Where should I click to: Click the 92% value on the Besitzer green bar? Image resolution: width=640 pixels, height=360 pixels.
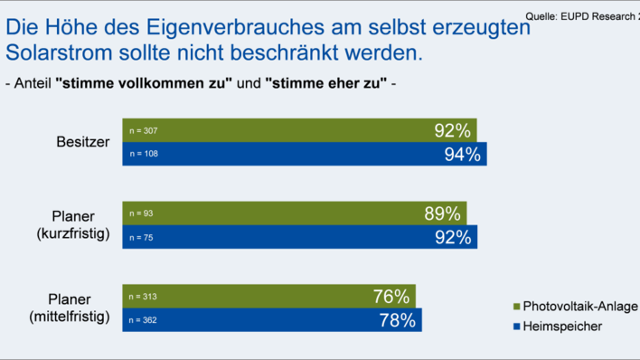(x=453, y=130)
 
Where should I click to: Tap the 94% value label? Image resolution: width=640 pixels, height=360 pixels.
(x=462, y=154)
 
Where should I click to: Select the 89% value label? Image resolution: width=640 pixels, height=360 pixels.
(x=443, y=213)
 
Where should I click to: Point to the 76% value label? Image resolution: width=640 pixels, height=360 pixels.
(x=391, y=296)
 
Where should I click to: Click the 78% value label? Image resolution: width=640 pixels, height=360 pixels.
(x=397, y=319)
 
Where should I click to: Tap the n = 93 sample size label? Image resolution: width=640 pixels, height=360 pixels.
(x=141, y=213)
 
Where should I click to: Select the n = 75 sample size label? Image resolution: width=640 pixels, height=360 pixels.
(x=141, y=237)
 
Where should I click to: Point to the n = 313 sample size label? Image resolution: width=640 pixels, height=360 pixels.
(x=143, y=296)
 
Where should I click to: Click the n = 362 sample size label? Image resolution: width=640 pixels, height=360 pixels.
(x=143, y=319)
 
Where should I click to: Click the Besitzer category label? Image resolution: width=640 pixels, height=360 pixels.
(x=83, y=142)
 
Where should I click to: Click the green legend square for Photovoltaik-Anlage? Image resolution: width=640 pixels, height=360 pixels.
(x=517, y=307)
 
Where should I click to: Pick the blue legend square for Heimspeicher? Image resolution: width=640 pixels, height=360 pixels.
(x=517, y=327)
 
